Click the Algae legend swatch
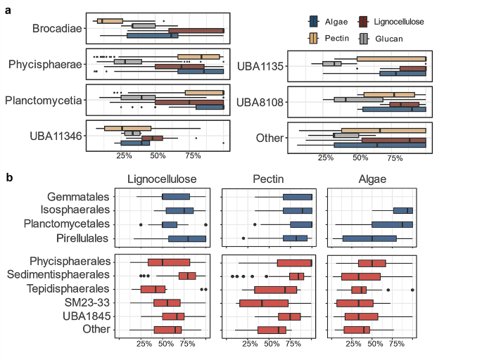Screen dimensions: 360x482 tap(315, 22)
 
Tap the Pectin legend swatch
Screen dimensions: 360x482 tap(315, 38)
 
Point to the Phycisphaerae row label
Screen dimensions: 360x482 tap(46, 65)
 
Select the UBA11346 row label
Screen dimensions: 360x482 tap(53, 136)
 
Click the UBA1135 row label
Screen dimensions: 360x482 tap(260, 67)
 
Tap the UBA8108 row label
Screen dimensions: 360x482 tap(260, 103)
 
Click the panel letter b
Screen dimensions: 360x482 tap(9, 179)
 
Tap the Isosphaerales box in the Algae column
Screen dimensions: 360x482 tap(403, 210)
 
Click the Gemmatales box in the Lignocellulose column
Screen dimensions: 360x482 tap(176, 197)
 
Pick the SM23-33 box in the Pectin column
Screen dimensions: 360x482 tap(264, 303)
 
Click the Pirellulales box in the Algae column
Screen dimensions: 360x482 tap(369, 238)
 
